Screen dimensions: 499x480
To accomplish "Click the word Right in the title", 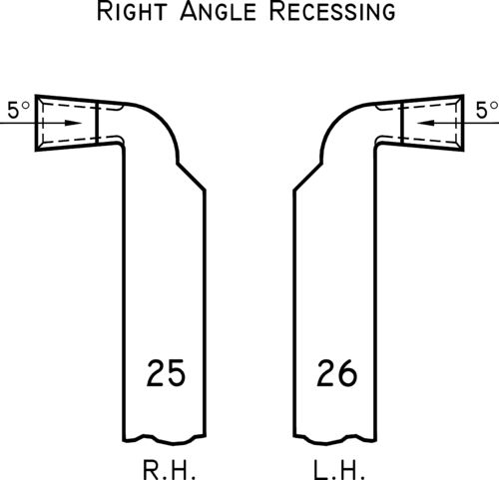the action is [132, 11].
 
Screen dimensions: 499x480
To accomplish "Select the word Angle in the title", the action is [219, 11].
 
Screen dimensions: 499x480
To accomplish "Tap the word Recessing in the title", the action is [332, 11].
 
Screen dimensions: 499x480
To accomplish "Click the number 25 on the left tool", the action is [166, 372].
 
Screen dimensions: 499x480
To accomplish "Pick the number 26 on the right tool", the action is [336, 372].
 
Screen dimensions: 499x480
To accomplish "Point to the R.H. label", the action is [169, 470].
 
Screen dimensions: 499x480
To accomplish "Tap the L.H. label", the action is [339, 470].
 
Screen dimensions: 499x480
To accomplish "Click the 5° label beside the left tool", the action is [19, 110].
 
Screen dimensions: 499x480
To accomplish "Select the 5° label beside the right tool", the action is [487, 110].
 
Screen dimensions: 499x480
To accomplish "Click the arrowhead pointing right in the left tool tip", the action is [73, 123].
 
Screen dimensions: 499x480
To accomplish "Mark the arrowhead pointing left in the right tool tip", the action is [426, 123].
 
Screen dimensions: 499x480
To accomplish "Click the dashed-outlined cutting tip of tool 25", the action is [66, 123].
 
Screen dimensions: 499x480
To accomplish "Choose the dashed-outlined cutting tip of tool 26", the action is [433, 123].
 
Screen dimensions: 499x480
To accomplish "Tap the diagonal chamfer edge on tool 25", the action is [191, 177].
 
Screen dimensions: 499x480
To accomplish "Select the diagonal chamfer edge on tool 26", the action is [307, 177].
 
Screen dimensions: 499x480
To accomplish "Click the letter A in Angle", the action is [189, 11].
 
